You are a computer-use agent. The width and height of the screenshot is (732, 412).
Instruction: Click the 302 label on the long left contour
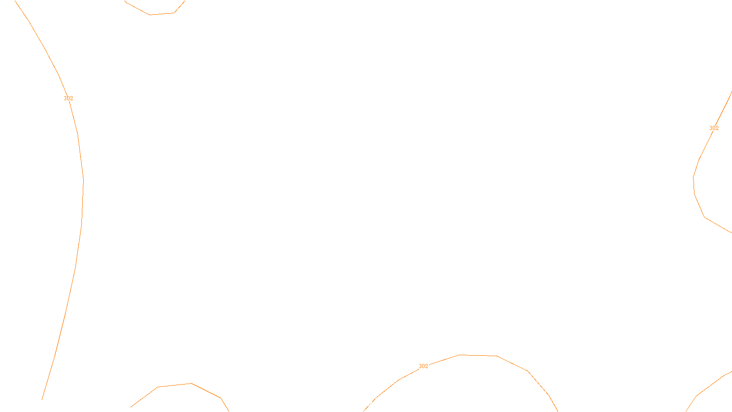click(x=68, y=98)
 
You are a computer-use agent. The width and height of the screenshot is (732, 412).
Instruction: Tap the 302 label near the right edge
click(x=714, y=128)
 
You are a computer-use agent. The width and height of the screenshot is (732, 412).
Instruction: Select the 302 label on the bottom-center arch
click(x=424, y=366)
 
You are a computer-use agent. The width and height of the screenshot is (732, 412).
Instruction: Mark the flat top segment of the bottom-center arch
click(x=478, y=355)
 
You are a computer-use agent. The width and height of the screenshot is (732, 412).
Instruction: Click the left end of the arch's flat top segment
click(x=459, y=355)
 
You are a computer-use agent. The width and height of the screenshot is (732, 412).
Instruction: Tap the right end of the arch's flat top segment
click(x=497, y=356)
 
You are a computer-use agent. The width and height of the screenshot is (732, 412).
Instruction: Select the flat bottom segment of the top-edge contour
click(x=162, y=14)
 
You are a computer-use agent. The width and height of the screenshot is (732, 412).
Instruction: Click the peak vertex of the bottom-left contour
click(x=191, y=383)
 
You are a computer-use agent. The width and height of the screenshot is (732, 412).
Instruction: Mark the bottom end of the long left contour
click(x=42, y=399)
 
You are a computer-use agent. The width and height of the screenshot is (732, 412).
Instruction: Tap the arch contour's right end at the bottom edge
click(x=558, y=411)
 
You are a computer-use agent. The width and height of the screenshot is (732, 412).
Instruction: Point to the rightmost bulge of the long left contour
click(x=83, y=183)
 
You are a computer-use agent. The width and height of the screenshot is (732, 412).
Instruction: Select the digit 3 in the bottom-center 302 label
click(x=420, y=366)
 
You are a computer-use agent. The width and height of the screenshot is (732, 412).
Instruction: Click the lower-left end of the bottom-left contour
click(x=131, y=407)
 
